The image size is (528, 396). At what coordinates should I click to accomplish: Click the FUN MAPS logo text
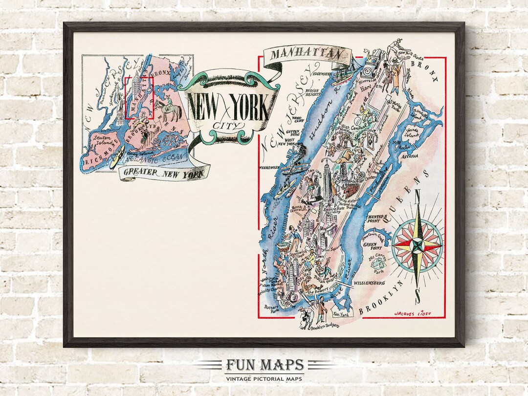coord(264,366)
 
